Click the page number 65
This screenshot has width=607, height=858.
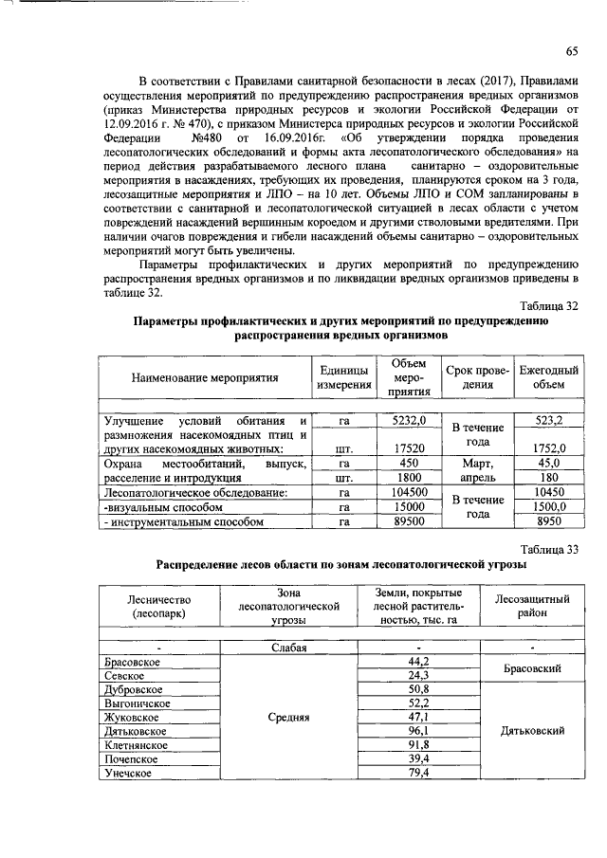point(572,50)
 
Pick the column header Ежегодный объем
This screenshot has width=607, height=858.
point(548,377)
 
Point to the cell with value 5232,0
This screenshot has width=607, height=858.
point(409,420)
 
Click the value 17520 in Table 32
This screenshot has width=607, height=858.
point(409,448)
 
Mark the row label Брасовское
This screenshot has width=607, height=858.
point(133,661)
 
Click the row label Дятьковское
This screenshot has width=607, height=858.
point(136,731)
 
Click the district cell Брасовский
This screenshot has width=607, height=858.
point(533,668)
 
